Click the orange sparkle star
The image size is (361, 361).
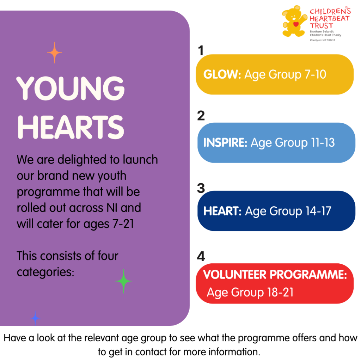(x=54, y=53)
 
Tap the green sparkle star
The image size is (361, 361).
(x=124, y=281)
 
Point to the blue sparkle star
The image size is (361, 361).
(x=35, y=318)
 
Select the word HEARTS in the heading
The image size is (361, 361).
(x=71, y=127)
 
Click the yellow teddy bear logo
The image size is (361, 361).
(x=294, y=21)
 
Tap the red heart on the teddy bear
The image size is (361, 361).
(x=296, y=24)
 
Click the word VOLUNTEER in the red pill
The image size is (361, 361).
(x=234, y=274)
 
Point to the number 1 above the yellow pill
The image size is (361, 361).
(x=201, y=50)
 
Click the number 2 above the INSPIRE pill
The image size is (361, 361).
(x=201, y=116)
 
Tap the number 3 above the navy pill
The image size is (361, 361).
(x=201, y=188)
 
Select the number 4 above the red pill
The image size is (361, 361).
(x=201, y=256)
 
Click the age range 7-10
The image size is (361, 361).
(x=315, y=74)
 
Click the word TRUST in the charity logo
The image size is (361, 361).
(x=322, y=25)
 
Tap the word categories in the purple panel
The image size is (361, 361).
(x=45, y=272)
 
